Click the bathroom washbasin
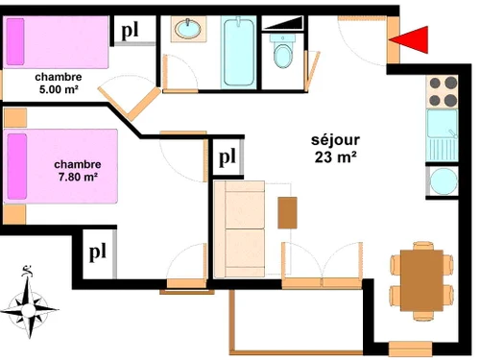[188, 30]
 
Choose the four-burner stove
[443, 92]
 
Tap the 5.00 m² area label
[58, 89]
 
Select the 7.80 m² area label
[77, 177]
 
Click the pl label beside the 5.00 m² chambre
[131, 31]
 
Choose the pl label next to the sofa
[228, 156]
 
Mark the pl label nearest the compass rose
[98, 252]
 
